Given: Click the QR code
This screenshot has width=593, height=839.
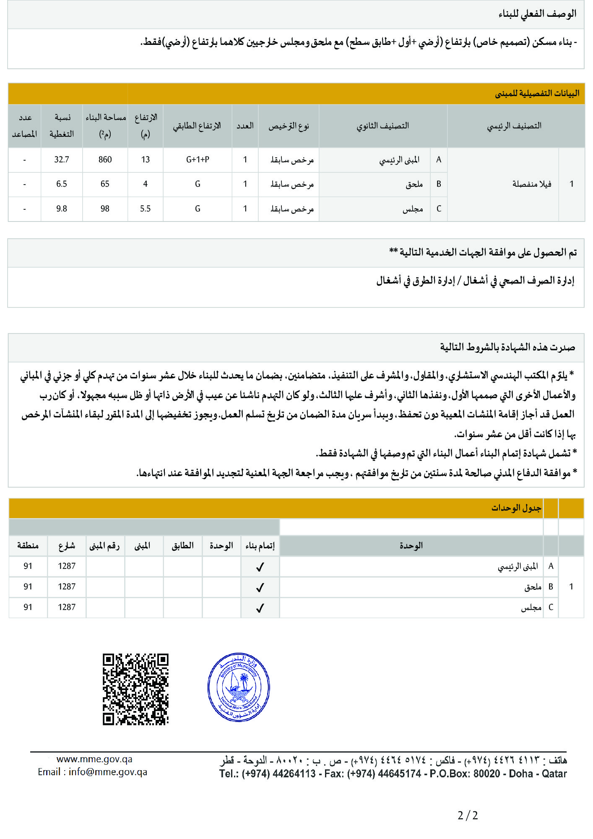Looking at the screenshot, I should (135, 689).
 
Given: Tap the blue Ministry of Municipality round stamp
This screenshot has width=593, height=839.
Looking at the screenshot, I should (239, 687).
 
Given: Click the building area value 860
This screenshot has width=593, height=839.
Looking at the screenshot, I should (105, 159).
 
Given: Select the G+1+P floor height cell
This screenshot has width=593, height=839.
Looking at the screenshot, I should (198, 159).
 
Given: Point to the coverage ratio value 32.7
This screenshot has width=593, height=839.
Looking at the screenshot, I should (62, 159).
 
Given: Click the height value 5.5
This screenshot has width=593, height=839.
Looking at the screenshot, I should (145, 208).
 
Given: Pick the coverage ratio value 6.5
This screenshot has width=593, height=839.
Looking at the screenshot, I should (62, 184).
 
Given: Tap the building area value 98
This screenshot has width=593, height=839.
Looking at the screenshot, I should (105, 208).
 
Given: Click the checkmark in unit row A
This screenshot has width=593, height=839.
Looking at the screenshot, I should (260, 567).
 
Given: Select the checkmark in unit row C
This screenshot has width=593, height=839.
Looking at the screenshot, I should (260, 608).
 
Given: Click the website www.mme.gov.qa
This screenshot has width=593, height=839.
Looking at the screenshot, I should (94, 759).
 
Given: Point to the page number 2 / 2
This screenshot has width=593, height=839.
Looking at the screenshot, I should (468, 816).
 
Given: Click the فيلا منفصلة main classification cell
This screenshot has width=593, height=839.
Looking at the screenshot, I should (532, 184).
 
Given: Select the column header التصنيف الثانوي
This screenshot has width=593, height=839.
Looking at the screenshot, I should (382, 126).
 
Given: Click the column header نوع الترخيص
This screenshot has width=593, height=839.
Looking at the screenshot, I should (289, 126).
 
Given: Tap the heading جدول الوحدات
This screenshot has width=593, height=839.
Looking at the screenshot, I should (516, 508).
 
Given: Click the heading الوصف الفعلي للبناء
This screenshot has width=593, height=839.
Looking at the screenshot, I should (537, 14).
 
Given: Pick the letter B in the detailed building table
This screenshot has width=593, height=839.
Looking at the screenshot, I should (439, 184).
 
